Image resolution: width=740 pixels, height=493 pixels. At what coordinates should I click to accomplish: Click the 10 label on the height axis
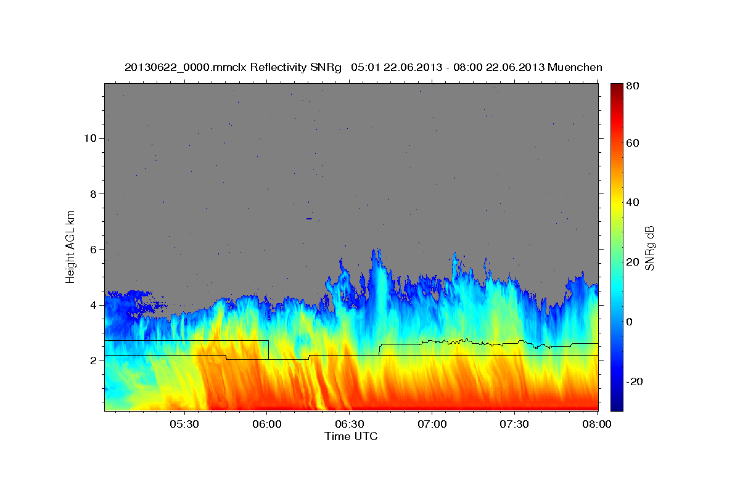coord(89,138)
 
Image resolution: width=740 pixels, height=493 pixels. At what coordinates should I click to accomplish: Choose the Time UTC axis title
coord(351,436)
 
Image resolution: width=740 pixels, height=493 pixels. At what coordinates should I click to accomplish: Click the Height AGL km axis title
coord(71,246)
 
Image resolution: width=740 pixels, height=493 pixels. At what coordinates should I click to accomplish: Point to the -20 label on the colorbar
coord(635,381)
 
